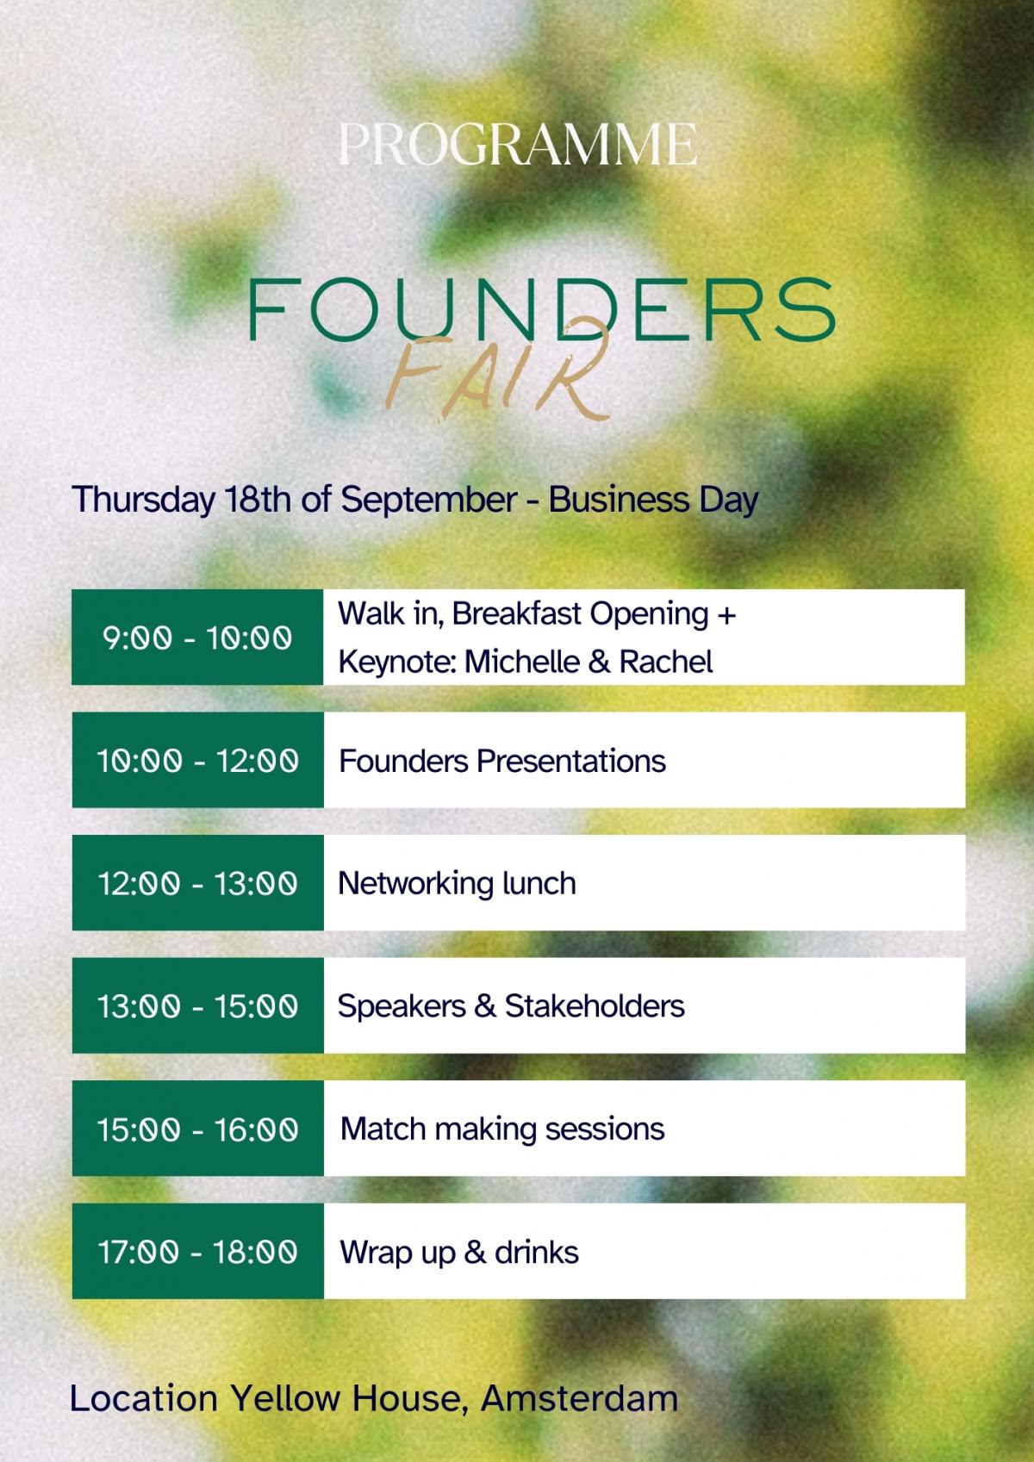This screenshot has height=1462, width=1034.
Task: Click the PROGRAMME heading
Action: [518, 144]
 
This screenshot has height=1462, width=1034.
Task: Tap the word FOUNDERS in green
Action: [542, 309]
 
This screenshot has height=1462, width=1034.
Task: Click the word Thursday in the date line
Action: [143, 501]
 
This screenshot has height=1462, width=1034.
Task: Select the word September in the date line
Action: [429, 501]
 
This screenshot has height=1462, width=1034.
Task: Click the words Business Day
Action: [653, 500]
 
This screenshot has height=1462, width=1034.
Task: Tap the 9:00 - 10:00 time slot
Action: [197, 638]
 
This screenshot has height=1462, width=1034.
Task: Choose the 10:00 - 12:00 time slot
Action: [198, 761]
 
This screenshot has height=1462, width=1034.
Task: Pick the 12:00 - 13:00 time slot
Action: [198, 883]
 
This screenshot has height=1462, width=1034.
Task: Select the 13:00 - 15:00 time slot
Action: [198, 1005]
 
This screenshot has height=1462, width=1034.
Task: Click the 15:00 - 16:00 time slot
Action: [198, 1129]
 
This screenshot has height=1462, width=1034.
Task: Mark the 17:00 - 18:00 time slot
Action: [198, 1252]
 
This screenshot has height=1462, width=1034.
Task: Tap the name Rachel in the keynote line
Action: [666, 662]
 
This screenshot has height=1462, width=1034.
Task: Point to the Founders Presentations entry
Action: [502, 761]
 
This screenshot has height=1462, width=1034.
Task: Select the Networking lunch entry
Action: [457, 885]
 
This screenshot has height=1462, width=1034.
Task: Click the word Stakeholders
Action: [595, 1005]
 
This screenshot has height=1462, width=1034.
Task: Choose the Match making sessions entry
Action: [502, 1129]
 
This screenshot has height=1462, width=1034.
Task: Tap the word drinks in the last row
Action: [537, 1253]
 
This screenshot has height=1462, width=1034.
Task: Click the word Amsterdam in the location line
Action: [580, 1399]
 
